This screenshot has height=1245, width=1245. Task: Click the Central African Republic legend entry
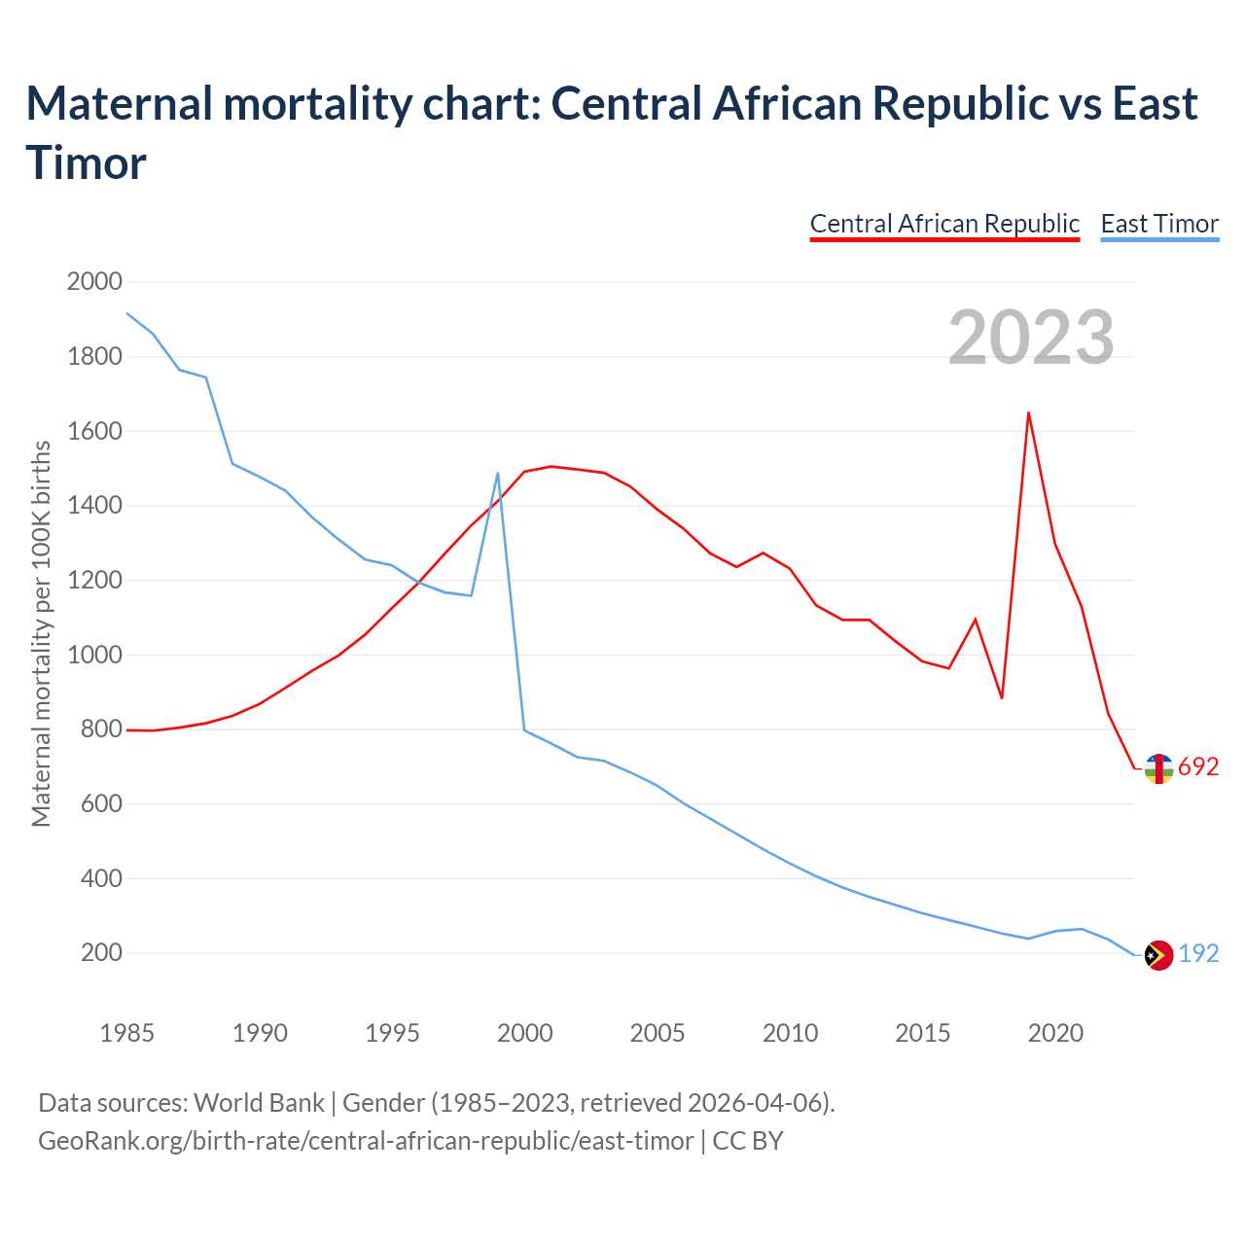[x=944, y=224]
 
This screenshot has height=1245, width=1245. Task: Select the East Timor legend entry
[x=1159, y=224]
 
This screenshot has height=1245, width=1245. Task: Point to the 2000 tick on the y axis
[x=94, y=282]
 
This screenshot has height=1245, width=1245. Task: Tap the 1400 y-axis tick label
[x=94, y=506]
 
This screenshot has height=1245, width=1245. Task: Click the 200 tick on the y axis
[x=101, y=953]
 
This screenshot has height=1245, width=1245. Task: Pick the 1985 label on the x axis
[x=127, y=1033]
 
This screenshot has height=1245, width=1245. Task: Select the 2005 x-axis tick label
[x=658, y=1033]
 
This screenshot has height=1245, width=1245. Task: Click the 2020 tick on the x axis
[x=1055, y=1033]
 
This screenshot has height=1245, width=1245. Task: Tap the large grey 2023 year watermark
[x=1031, y=338]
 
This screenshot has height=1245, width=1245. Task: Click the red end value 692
[x=1198, y=767]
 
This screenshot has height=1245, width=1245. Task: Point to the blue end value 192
[x=1198, y=954]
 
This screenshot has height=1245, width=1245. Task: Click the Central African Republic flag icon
[x=1158, y=768]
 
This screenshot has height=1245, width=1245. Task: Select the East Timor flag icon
[x=1158, y=956]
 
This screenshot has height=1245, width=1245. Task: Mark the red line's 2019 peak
[x=1028, y=412]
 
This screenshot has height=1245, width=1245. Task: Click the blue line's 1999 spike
[x=498, y=474]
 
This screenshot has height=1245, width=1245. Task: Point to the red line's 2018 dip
[x=1002, y=697]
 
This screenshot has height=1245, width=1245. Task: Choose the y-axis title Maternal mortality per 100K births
[x=41, y=634]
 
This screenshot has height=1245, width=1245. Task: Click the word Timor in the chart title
[x=87, y=162]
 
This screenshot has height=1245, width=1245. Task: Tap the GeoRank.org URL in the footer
[x=366, y=1140]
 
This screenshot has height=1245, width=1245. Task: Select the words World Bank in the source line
[x=259, y=1103]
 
